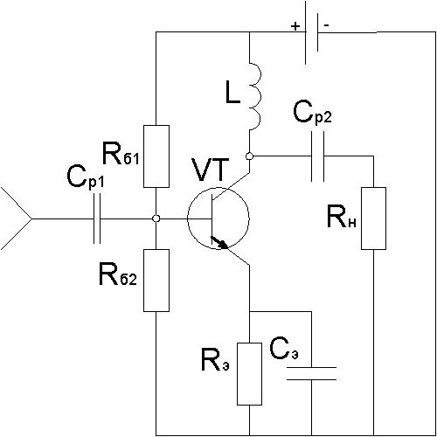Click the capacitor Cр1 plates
pos(97,218)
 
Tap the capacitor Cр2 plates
pos(318,156)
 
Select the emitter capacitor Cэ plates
pos(311,374)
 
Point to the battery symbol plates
pos(311,32)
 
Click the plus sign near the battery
pos(295,26)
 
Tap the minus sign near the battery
pos(327,25)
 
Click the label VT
pos(210,170)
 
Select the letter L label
pos(233,93)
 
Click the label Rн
pos(342,216)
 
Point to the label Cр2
pos(312,112)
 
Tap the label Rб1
pos(121,153)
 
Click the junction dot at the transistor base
pos(156,218)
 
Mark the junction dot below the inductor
pos(249,156)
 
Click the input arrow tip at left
pos(31,218)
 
